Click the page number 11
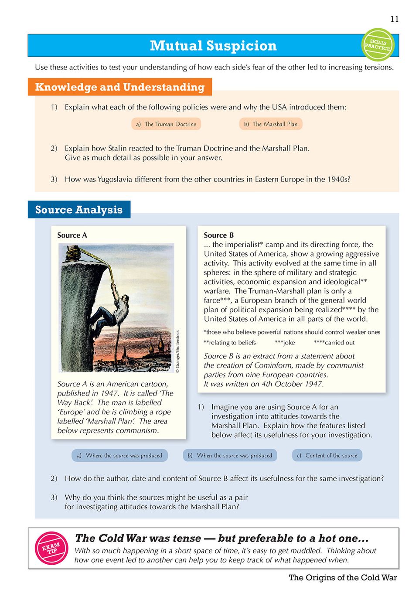[394, 19]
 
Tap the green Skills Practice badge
[378, 44]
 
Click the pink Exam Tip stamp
[51, 548]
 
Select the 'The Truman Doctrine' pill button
[166, 124]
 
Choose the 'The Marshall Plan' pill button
[271, 124]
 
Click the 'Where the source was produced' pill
[119, 456]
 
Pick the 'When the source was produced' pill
[230, 456]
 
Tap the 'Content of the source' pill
[327, 456]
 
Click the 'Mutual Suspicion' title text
[213, 46]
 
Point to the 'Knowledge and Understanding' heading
[120, 87]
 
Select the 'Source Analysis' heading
[79, 210]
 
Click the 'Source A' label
[72, 235]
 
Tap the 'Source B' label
[219, 235]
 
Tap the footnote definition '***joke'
[285, 343]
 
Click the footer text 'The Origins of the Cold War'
[343, 578]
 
